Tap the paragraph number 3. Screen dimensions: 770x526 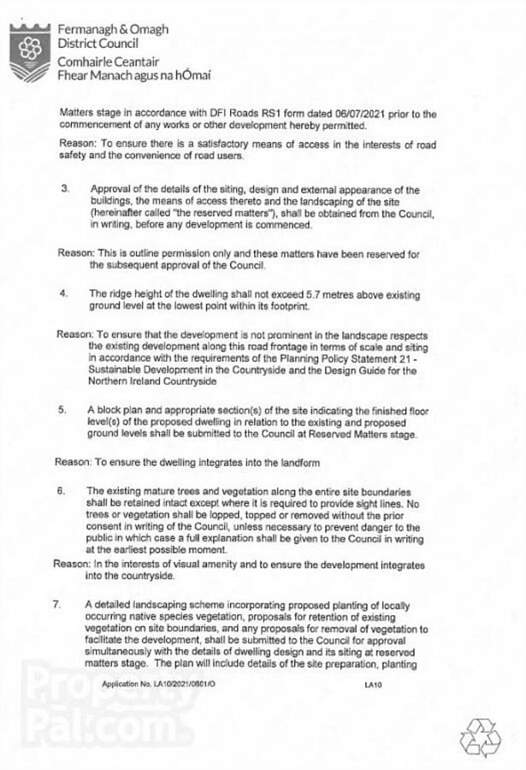63,189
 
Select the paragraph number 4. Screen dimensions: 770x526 63,293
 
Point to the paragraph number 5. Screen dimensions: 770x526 63,411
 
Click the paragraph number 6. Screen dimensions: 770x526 62,491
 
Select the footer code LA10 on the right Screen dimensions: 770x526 371,684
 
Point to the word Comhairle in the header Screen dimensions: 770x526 86,62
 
